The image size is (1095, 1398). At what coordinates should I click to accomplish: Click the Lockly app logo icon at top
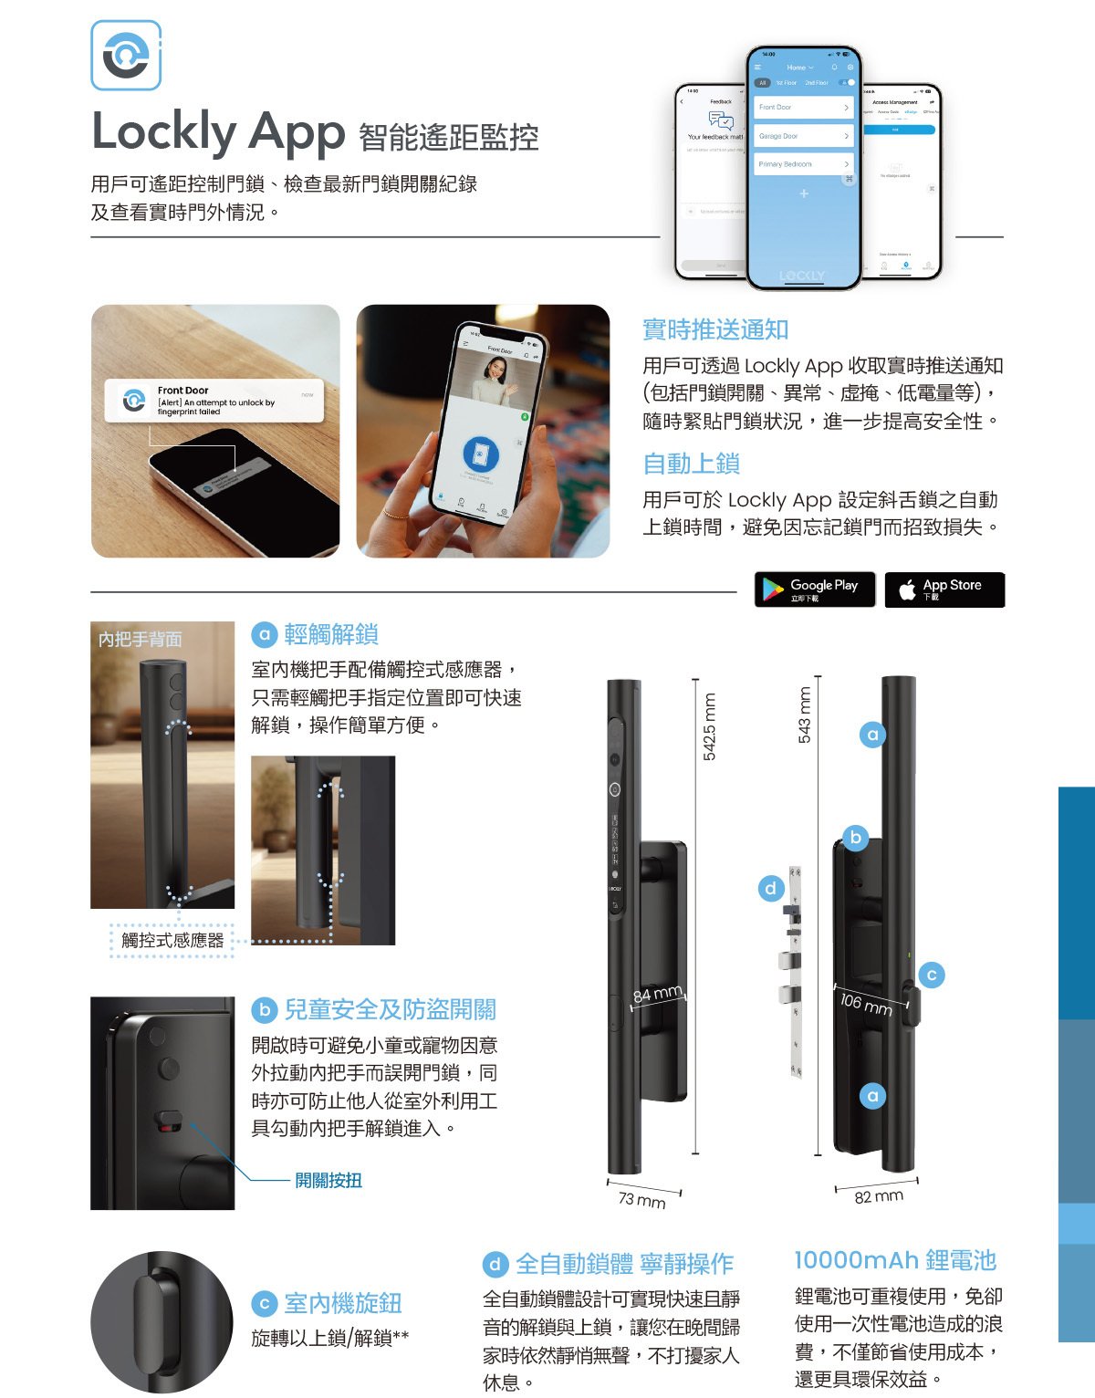pyautogui.click(x=126, y=56)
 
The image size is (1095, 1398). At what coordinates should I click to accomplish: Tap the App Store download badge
pyautogui.click(x=944, y=589)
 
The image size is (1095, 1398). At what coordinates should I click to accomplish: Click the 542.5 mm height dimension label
pyautogui.click(x=709, y=726)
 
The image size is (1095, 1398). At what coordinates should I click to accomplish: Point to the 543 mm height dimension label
pyautogui.click(x=804, y=715)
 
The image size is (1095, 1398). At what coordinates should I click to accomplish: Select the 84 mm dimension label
pyautogui.click(x=658, y=993)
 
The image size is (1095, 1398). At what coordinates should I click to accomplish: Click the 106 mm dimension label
pyautogui.click(x=865, y=1004)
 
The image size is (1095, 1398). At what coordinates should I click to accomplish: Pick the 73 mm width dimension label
pyautogui.click(x=641, y=1200)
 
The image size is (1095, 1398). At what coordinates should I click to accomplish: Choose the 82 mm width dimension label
pyautogui.click(x=878, y=1196)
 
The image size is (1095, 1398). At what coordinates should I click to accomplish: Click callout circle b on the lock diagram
pyautogui.click(x=855, y=837)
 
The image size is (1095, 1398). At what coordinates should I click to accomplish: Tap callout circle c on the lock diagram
pyautogui.click(x=932, y=975)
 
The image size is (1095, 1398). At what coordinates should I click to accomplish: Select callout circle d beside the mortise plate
pyautogui.click(x=771, y=888)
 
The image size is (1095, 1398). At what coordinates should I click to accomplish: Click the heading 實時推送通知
pyautogui.click(x=715, y=329)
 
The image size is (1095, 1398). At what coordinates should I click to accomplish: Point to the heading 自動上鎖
pyautogui.click(x=691, y=464)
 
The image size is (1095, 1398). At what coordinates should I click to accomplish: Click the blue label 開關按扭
pyautogui.click(x=328, y=1180)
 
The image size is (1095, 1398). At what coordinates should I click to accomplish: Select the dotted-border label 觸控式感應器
pyautogui.click(x=172, y=940)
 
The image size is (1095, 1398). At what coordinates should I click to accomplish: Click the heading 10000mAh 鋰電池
pyautogui.click(x=895, y=1260)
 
